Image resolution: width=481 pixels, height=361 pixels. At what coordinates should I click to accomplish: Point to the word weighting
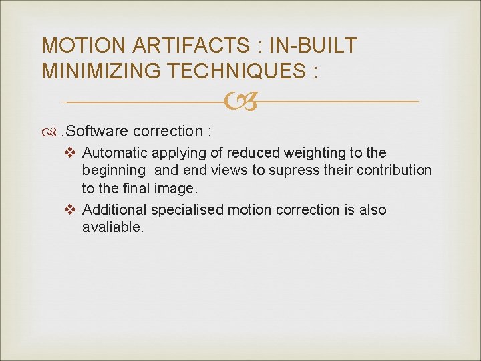[x=315, y=153]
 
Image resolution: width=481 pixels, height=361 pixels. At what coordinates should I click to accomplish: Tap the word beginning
[x=114, y=170]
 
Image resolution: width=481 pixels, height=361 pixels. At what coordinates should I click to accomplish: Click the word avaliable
[x=112, y=227]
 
